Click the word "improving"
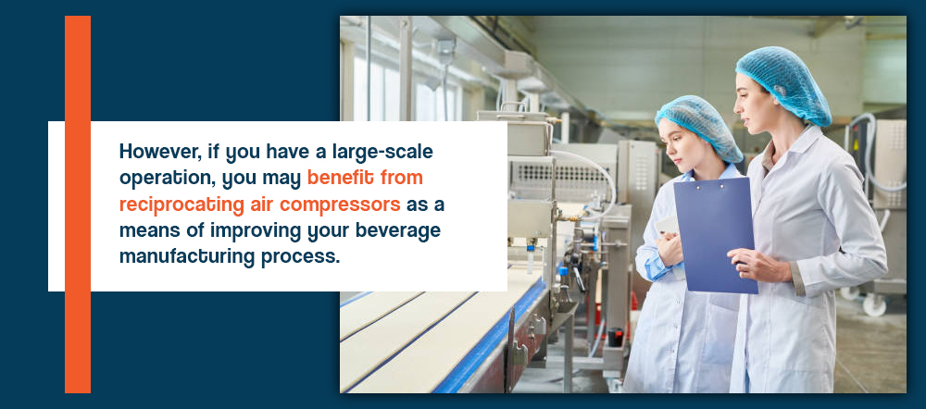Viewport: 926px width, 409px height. tap(257, 230)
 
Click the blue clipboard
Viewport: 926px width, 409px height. tap(715, 235)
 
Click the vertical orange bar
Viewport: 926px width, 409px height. tap(78, 204)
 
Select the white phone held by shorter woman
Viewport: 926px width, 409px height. tap(667, 225)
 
